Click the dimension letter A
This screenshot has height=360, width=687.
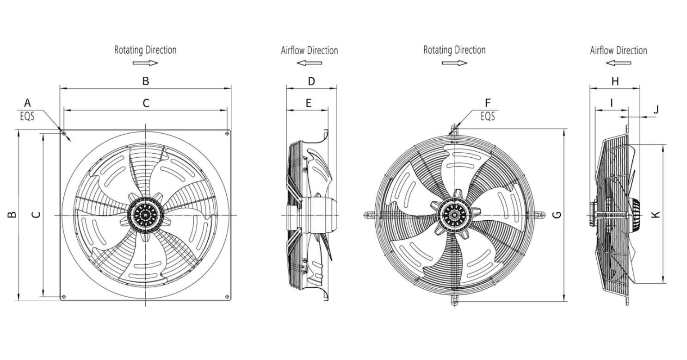(x=27, y=103)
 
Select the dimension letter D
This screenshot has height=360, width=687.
(x=311, y=81)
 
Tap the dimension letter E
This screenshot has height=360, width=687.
(x=309, y=103)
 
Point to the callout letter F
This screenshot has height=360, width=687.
(x=487, y=102)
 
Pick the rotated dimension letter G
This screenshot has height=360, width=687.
(x=557, y=214)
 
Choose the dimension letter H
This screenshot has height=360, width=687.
(x=615, y=81)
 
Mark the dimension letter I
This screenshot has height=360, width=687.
(x=612, y=103)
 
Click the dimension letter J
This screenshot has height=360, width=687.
(x=656, y=110)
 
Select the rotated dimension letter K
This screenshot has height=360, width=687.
(x=656, y=214)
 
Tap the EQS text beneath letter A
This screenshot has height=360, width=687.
(x=27, y=116)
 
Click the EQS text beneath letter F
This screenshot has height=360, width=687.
(x=488, y=116)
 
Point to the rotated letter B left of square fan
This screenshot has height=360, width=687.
(x=12, y=214)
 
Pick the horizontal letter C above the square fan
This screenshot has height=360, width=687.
(x=146, y=103)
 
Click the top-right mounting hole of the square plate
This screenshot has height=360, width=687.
(x=227, y=134)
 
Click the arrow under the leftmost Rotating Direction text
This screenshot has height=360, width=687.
(x=145, y=63)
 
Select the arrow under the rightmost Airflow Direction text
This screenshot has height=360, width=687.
(x=618, y=63)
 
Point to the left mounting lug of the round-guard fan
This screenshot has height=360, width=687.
(x=369, y=215)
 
